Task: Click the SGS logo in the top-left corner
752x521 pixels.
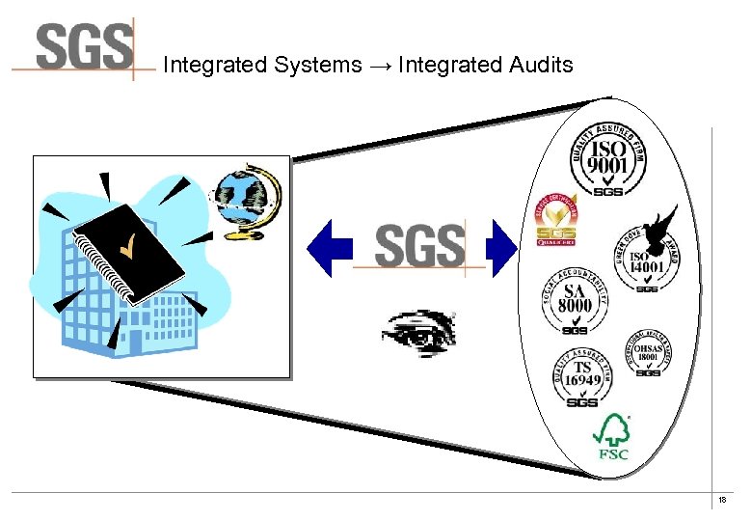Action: point(85,48)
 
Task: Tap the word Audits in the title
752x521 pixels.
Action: point(539,66)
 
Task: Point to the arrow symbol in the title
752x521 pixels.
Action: point(380,66)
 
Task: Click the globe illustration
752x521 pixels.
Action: point(247,201)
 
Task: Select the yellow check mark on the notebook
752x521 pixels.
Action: point(126,250)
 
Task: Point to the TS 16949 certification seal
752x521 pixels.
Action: point(583,375)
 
